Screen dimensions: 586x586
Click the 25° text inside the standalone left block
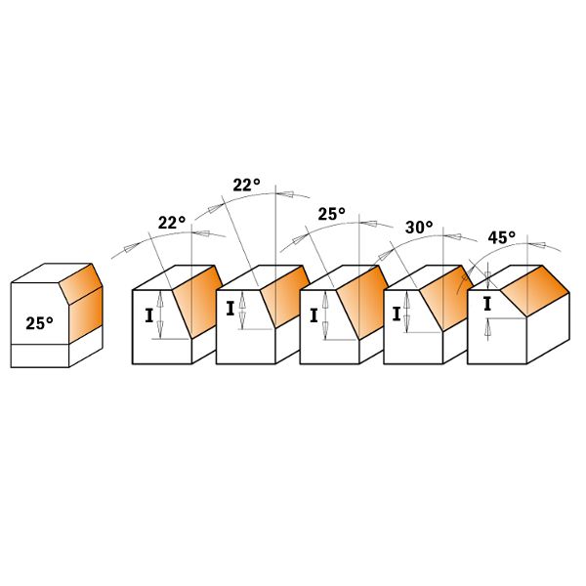click(40, 323)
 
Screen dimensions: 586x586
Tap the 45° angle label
click(502, 237)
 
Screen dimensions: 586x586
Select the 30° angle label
click(419, 228)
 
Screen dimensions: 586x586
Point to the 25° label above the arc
click(332, 214)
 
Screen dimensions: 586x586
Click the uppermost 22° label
click(247, 185)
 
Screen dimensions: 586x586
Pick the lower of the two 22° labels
click(172, 223)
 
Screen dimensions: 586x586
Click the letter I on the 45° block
click(487, 304)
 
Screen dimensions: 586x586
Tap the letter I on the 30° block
click(397, 314)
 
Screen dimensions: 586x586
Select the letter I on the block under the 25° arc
click(314, 316)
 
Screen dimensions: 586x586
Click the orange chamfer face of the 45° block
click(535, 290)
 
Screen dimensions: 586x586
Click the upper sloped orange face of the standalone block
click(80, 283)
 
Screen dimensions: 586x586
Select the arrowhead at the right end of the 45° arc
click(540, 245)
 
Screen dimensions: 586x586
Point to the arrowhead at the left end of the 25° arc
click(298, 239)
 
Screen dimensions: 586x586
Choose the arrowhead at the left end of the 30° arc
click(384, 256)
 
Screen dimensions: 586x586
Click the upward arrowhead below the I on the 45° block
click(487, 327)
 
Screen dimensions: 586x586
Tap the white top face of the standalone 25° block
click(51, 273)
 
